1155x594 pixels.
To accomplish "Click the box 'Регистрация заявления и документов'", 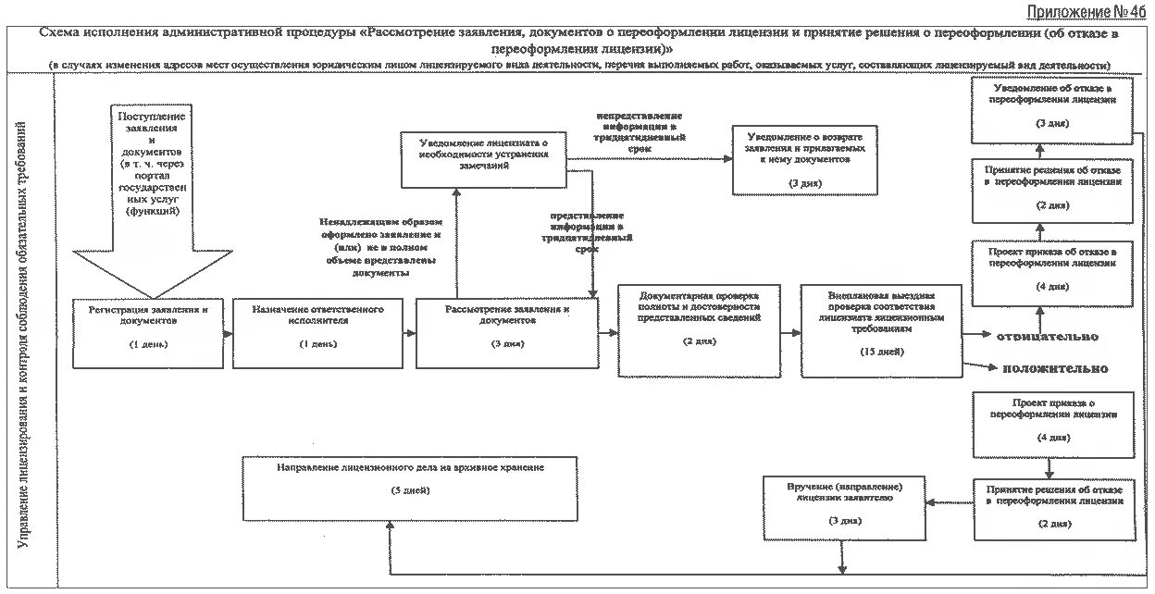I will [x=148, y=333].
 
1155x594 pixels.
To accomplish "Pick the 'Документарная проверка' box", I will [x=699, y=330].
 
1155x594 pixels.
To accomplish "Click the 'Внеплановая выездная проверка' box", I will [x=881, y=330].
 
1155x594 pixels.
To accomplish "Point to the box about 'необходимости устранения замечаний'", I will [x=482, y=159].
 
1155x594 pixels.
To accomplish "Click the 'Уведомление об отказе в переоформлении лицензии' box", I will [x=1051, y=111].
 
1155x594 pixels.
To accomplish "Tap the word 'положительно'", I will [x=1055, y=368].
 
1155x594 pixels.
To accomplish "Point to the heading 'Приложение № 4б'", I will [x=1086, y=11].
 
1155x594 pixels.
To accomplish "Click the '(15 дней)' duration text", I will [x=881, y=353].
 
